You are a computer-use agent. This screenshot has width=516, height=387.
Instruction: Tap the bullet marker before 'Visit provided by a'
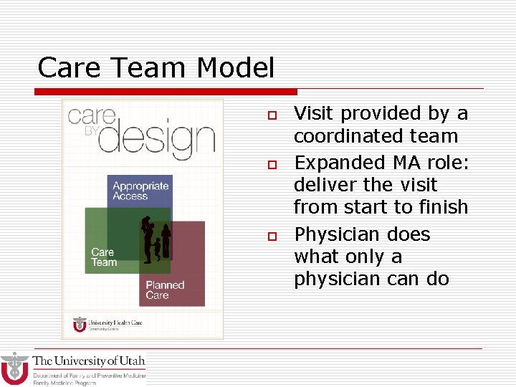tap(272, 115)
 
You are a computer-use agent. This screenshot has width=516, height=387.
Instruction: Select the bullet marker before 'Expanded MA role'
tap(272, 165)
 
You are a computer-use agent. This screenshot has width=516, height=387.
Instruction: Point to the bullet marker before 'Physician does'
tap(272, 236)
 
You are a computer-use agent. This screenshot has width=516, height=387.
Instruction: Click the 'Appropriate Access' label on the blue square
tap(140, 191)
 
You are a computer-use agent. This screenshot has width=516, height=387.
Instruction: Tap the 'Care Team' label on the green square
tap(104, 257)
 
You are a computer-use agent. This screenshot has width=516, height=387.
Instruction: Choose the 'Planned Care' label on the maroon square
tap(165, 290)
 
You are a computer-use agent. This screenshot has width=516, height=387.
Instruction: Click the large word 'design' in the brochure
tap(156, 138)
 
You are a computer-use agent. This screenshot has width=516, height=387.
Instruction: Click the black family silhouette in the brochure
tap(155, 237)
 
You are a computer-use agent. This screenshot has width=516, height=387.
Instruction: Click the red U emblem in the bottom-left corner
tap(14, 368)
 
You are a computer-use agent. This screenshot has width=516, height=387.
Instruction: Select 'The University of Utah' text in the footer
tap(89, 361)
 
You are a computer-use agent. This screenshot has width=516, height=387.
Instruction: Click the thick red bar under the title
tap(166, 92)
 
